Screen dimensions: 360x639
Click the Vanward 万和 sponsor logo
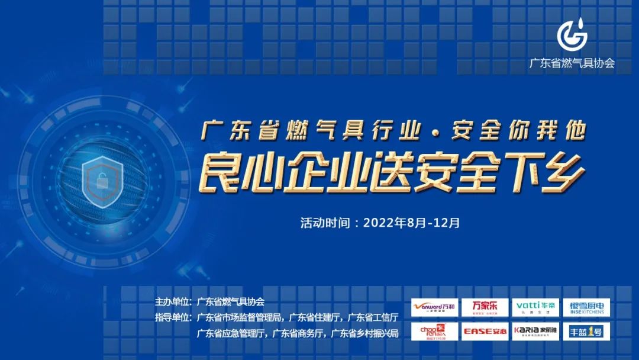(434, 308)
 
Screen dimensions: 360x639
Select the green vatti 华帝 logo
(535, 308)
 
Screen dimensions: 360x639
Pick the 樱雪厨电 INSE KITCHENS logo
(586, 308)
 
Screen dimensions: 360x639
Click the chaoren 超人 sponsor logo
(434, 331)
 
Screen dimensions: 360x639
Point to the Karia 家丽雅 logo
(535, 331)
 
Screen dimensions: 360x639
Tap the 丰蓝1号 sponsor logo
(586, 331)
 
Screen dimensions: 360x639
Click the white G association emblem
(572, 35)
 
